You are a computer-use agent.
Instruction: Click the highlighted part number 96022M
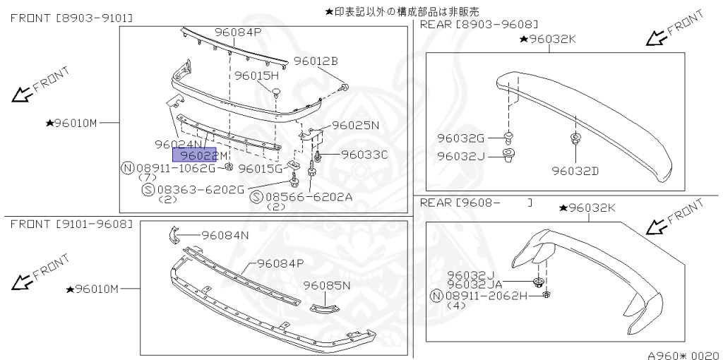pyautogui.click(x=203, y=155)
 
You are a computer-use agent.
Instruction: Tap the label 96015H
pyautogui.click(x=257, y=75)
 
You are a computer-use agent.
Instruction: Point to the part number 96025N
pyautogui.click(x=356, y=125)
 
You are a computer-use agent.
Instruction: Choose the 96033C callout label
pyautogui.click(x=364, y=154)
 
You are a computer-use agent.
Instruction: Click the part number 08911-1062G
pyautogui.click(x=176, y=168)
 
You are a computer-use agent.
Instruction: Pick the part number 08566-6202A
pyautogui.click(x=309, y=197)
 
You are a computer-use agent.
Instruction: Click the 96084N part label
pyautogui.click(x=225, y=235)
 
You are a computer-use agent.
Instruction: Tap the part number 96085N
pyautogui.click(x=327, y=285)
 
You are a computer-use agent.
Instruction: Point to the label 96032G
pyautogui.click(x=460, y=138)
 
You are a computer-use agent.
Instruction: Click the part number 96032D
pyautogui.click(x=575, y=170)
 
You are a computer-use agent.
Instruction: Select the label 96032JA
pyautogui.click(x=474, y=284)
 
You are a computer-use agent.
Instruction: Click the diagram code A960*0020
pyautogui.click(x=683, y=355)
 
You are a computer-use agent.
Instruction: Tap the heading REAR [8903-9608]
pyautogui.click(x=479, y=24)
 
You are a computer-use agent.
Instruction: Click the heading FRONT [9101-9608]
pyautogui.click(x=71, y=224)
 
